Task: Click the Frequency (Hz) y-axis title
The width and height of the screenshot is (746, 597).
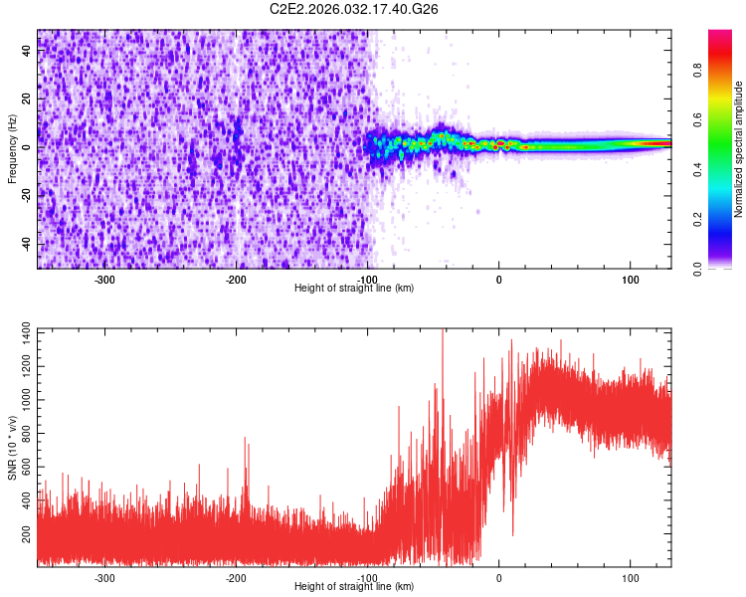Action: pyautogui.click(x=12, y=149)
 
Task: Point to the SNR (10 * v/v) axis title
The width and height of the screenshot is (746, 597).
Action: pyautogui.click(x=12, y=447)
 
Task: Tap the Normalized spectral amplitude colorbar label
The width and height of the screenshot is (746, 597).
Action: pyautogui.click(x=739, y=149)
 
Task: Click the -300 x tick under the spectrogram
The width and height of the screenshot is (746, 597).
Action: pyautogui.click(x=104, y=280)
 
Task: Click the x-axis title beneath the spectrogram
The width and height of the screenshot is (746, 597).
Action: pyautogui.click(x=355, y=289)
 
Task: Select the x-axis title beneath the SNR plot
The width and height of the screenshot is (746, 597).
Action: pyautogui.click(x=355, y=587)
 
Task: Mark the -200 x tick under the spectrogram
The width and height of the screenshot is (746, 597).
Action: pyautogui.click(x=236, y=280)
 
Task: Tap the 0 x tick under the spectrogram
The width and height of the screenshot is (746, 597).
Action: pyautogui.click(x=499, y=280)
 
